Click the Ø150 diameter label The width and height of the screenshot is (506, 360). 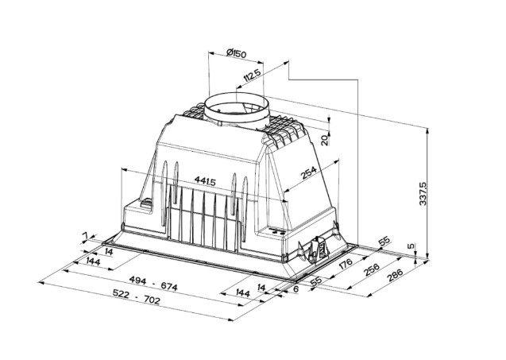click(236, 53)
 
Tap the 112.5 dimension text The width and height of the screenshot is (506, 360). click(252, 79)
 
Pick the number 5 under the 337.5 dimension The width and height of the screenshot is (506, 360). click(411, 247)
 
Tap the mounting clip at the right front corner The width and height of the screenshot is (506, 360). click(315, 249)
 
